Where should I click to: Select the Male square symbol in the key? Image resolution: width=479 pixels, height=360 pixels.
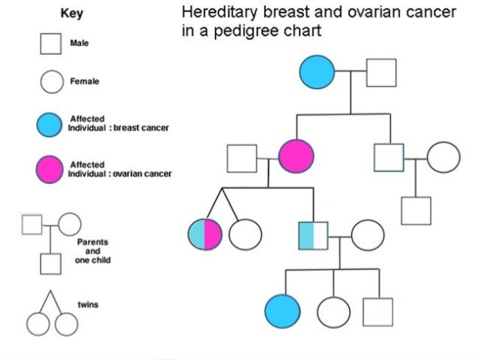(x=50, y=44)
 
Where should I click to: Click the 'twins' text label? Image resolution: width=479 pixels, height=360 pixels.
(x=88, y=306)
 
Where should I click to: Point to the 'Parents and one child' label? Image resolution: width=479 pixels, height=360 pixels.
(x=92, y=252)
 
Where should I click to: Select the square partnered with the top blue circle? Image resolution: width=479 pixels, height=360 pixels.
(x=381, y=74)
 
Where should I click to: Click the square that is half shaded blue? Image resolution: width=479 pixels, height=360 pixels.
(x=313, y=235)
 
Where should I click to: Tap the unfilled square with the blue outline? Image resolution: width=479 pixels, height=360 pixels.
(x=388, y=158)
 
